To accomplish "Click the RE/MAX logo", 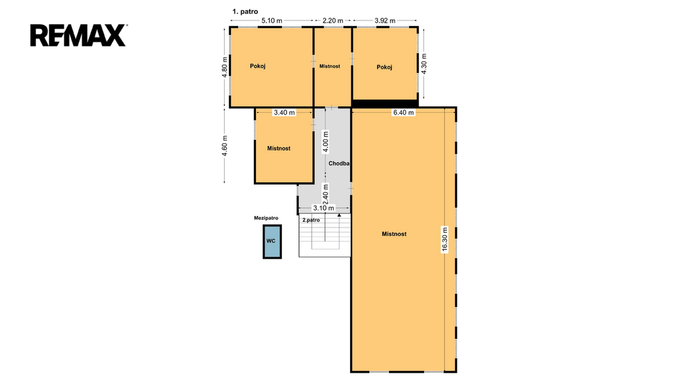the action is click(x=78, y=36).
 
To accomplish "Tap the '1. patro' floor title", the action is click(x=245, y=12).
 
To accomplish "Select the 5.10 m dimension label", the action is click(x=271, y=21).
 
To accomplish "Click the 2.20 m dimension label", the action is click(x=333, y=21).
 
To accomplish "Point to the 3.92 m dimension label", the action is click(x=385, y=21).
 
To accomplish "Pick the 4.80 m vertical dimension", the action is click(x=224, y=67).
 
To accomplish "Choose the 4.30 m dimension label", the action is click(x=424, y=64).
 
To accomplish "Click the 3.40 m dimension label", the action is click(x=284, y=113).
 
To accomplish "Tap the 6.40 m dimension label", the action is click(x=403, y=113).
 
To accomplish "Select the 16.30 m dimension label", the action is click(x=445, y=239).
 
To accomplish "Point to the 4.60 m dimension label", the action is click(x=224, y=147).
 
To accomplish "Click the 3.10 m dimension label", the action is click(x=324, y=208).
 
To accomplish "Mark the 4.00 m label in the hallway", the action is click(x=326, y=142).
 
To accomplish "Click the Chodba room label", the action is click(x=339, y=164).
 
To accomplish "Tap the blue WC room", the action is click(x=273, y=241).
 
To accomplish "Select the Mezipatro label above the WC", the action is click(x=266, y=218).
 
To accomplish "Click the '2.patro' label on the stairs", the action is click(x=311, y=220).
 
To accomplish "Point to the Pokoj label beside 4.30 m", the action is click(x=384, y=67).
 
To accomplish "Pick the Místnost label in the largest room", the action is click(x=394, y=234).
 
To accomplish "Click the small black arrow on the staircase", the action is click(x=339, y=215).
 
